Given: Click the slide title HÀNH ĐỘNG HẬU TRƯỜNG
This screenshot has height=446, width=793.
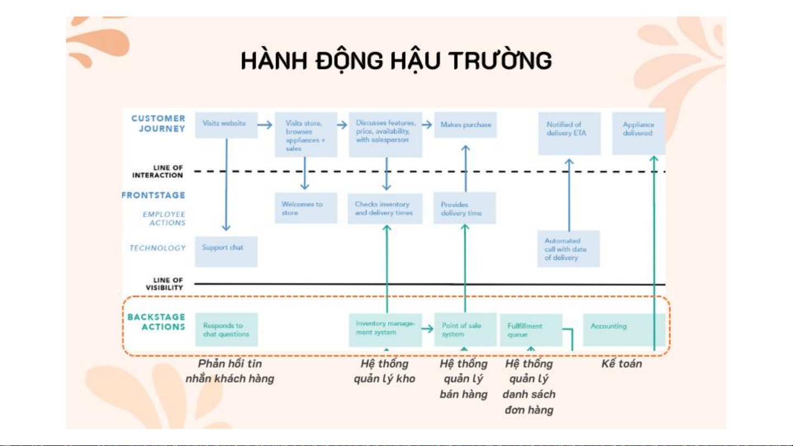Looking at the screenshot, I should [x=396, y=61].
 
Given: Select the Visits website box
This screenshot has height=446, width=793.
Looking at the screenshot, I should [x=226, y=124].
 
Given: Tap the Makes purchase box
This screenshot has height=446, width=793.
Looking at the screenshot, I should [x=466, y=125].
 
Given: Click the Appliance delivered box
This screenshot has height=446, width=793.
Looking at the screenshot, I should [x=638, y=132].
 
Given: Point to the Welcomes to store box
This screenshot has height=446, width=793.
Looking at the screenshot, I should [x=305, y=208].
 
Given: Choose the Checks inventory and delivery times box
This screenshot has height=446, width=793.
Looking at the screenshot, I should [x=385, y=208].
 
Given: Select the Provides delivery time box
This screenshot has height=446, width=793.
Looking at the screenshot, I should [x=464, y=208].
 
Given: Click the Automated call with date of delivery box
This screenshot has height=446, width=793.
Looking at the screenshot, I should [x=568, y=249].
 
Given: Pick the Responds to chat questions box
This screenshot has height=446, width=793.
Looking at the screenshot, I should [x=226, y=329].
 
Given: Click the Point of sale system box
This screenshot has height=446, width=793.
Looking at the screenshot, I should [x=465, y=329].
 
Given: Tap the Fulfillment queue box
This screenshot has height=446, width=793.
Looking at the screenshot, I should [x=531, y=330].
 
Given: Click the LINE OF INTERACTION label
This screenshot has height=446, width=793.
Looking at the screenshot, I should [x=158, y=172].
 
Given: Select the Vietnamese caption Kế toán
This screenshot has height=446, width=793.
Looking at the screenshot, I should [x=622, y=364].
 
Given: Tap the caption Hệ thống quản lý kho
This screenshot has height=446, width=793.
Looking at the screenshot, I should [x=384, y=371].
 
